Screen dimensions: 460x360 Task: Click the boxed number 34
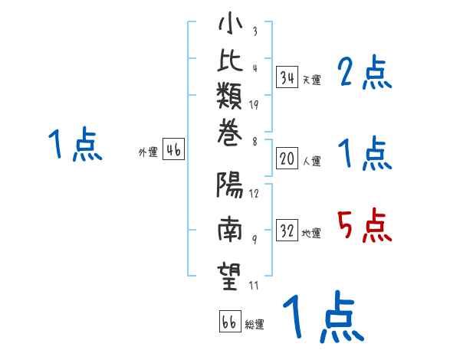point(287,77)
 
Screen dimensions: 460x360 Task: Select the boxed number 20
point(287,159)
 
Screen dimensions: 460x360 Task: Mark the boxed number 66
point(229,322)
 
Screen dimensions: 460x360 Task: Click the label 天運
point(311,80)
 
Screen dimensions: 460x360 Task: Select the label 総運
point(255,325)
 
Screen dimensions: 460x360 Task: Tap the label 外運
point(148,152)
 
